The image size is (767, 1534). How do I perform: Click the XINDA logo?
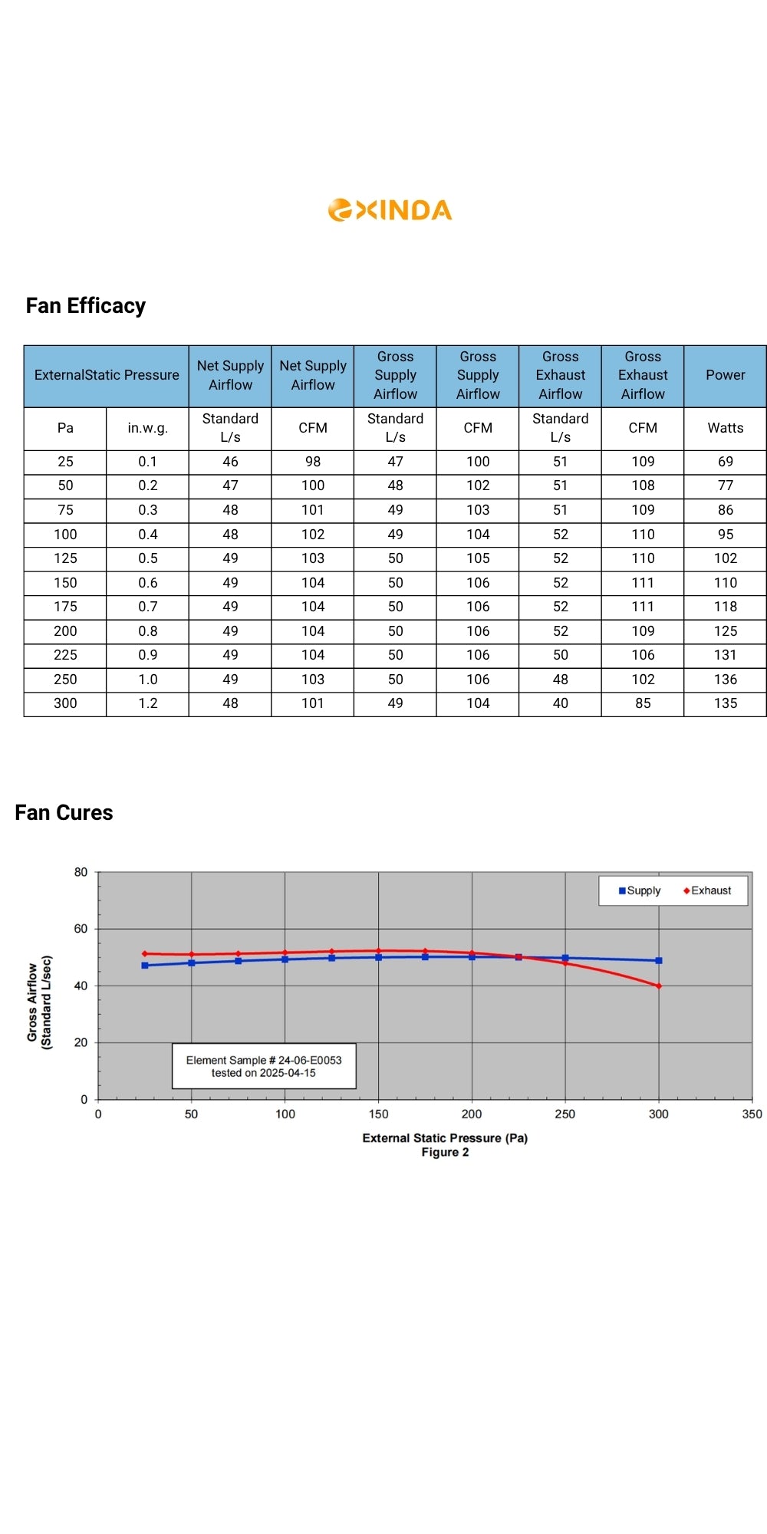click(390, 210)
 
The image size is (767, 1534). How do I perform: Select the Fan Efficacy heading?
click(86, 306)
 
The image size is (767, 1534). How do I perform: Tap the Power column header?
click(725, 375)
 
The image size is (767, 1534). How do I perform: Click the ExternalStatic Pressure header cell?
click(107, 375)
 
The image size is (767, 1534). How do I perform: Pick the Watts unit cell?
click(725, 428)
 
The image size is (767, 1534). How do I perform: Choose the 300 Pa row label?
click(65, 703)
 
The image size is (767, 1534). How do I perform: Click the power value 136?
click(725, 680)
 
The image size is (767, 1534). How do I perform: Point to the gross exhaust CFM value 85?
click(643, 703)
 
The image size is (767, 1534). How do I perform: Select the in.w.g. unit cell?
click(148, 428)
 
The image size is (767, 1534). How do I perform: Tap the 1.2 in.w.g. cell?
click(148, 703)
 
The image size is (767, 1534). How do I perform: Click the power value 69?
click(725, 462)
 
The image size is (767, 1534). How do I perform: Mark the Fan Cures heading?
click(64, 813)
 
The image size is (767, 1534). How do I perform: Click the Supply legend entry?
click(640, 890)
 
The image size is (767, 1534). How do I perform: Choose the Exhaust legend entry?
click(707, 890)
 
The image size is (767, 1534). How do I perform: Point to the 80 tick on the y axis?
click(81, 872)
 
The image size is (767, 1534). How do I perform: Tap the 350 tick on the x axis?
click(752, 1114)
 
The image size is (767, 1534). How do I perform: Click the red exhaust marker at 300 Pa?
click(659, 986)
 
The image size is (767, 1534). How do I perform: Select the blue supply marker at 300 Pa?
click(659, 960)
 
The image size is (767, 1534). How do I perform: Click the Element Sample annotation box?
click(264, 1066)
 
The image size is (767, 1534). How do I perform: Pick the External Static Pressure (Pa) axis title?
click(445, 1138)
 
